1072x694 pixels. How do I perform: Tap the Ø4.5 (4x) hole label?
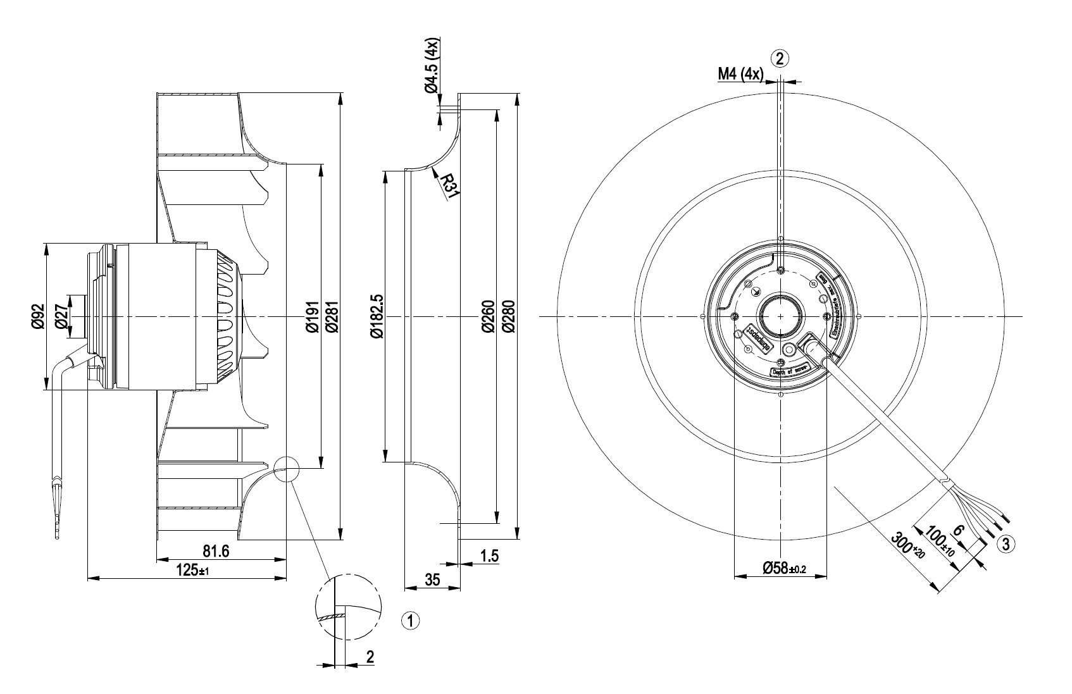(x=432, y=66)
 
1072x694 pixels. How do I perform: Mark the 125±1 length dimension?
(x=192, y=570)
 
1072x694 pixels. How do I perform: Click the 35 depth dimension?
(x=432, y=580)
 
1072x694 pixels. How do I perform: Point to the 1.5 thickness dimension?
(x=490, y=556)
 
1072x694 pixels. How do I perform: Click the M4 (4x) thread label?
(x=740, y=74)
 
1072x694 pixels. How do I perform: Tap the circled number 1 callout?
(x=411, y=621)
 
